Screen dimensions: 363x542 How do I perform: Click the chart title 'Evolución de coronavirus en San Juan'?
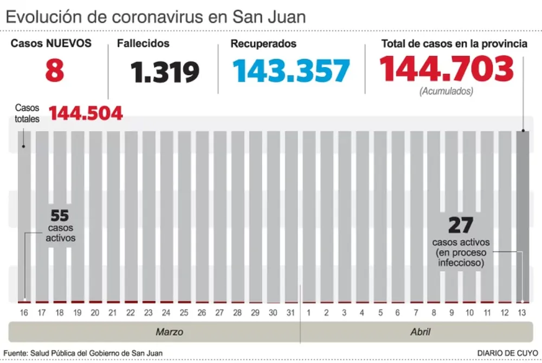pos(156,16)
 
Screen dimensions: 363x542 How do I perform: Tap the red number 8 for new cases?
pos(54,72)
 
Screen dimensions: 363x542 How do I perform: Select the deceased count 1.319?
pos(165,72)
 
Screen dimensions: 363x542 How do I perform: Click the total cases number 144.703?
pos(446,69)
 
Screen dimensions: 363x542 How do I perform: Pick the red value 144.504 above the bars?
pos(86,113)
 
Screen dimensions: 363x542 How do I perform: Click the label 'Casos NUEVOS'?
pos(51,43)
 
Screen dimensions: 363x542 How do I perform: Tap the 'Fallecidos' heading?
pos(144,43)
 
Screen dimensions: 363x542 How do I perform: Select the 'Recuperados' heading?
pos(263,43)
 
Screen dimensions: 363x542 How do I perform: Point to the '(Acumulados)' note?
pos(446,91)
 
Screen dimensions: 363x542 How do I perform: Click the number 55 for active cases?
pos(60,215)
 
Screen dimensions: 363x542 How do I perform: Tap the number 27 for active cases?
pos(461,225)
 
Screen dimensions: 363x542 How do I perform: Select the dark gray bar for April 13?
pos(523,217)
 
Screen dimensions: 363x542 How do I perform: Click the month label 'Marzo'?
pos(169,332)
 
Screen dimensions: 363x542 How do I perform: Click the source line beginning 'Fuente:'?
pos(83,353)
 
